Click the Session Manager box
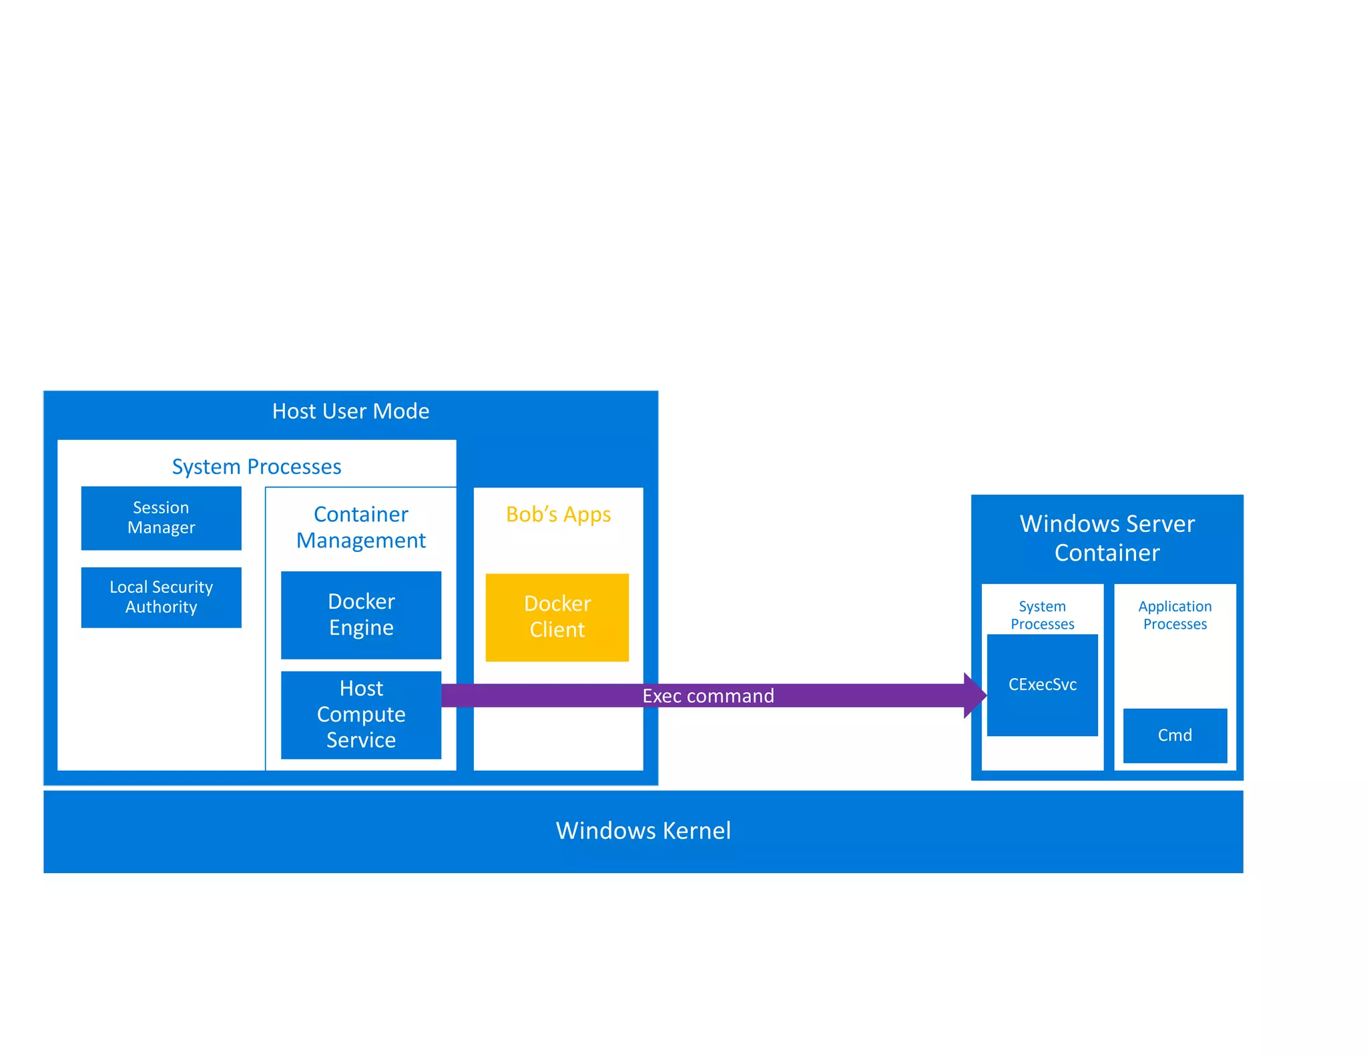161,518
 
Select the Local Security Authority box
161,597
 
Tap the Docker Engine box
361,615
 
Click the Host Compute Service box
361,715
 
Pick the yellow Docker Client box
557,617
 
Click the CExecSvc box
1042,686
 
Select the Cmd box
1175,736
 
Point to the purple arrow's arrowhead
975,696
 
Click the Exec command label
708,696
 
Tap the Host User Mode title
350,411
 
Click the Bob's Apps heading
558,515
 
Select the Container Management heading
361,527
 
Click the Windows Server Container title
1107,538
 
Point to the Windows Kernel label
643,831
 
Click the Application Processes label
1175,615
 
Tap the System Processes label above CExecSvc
1042,615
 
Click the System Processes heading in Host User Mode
256,467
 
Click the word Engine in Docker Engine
361,628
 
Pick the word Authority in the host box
161,607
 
